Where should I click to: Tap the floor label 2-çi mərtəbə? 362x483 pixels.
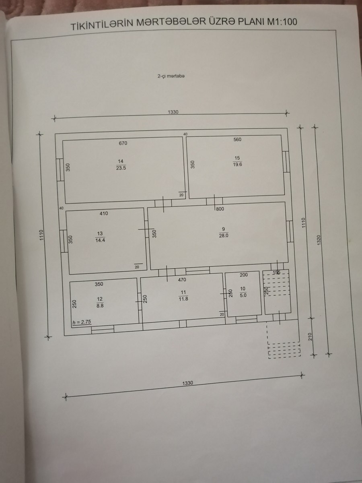click(x=171, y=76)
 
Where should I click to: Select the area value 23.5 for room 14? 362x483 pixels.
click(x=121, y=168)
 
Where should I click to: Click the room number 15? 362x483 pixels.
click(x=237, y=158)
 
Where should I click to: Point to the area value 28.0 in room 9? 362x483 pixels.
click(x=224, y=235)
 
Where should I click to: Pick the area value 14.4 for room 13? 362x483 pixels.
click(x=100, y=240)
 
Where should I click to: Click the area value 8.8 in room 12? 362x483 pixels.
click(x=100, y=305)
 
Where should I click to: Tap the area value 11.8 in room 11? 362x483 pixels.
click(x=183, y=299)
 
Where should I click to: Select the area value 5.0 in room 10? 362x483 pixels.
click(x=243, y=295)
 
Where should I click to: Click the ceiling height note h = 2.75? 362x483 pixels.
click(x=82, y=322)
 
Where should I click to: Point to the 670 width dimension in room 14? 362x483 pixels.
click(x=123, y=143)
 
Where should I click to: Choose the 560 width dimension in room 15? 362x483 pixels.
click(x=237, y=140)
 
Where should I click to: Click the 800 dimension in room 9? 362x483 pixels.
click(x=220, y=209)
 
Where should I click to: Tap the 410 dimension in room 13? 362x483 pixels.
click(x=104, y=213)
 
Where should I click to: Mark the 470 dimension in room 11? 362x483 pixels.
click(x=182, y=280)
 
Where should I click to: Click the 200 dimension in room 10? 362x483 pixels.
click(x=244, y=275)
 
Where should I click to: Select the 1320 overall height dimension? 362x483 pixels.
click(x=319, y=240)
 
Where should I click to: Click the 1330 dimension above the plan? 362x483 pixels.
click(x=173, y=112)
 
